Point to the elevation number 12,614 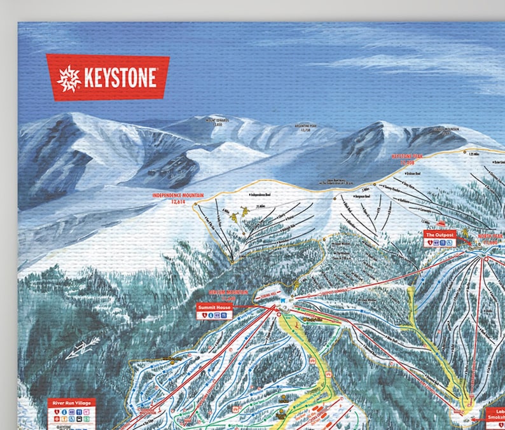(x=181, y=201)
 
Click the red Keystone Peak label (x=406, y=156)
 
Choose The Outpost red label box (x=439, y=234)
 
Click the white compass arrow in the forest (x=83, y=347)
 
